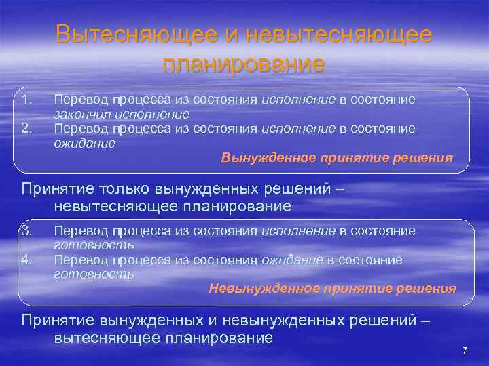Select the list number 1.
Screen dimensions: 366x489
pyautogui.click(x=26, y=100)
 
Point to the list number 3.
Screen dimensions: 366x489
pyautogui.click(x=26, y=231)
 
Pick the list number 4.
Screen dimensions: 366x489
pyautogui.click(x=26, y=260)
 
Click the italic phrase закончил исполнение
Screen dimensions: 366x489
pyautogui.click(x=122, y=114)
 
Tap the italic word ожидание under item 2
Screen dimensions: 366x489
pyautogui.click(x=85, y=143)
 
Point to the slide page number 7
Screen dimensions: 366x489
pyautogui.click(x=465, y=350)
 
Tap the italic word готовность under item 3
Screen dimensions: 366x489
pyautogui.click(x=94, y=245)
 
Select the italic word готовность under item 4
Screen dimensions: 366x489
pyautogui.click(x=94, y=274)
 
